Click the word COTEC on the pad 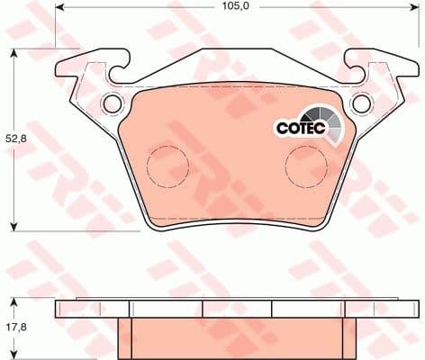click(x=296, y=129)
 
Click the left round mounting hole click(x=113, y=104)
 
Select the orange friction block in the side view click(x=237, y=337)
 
